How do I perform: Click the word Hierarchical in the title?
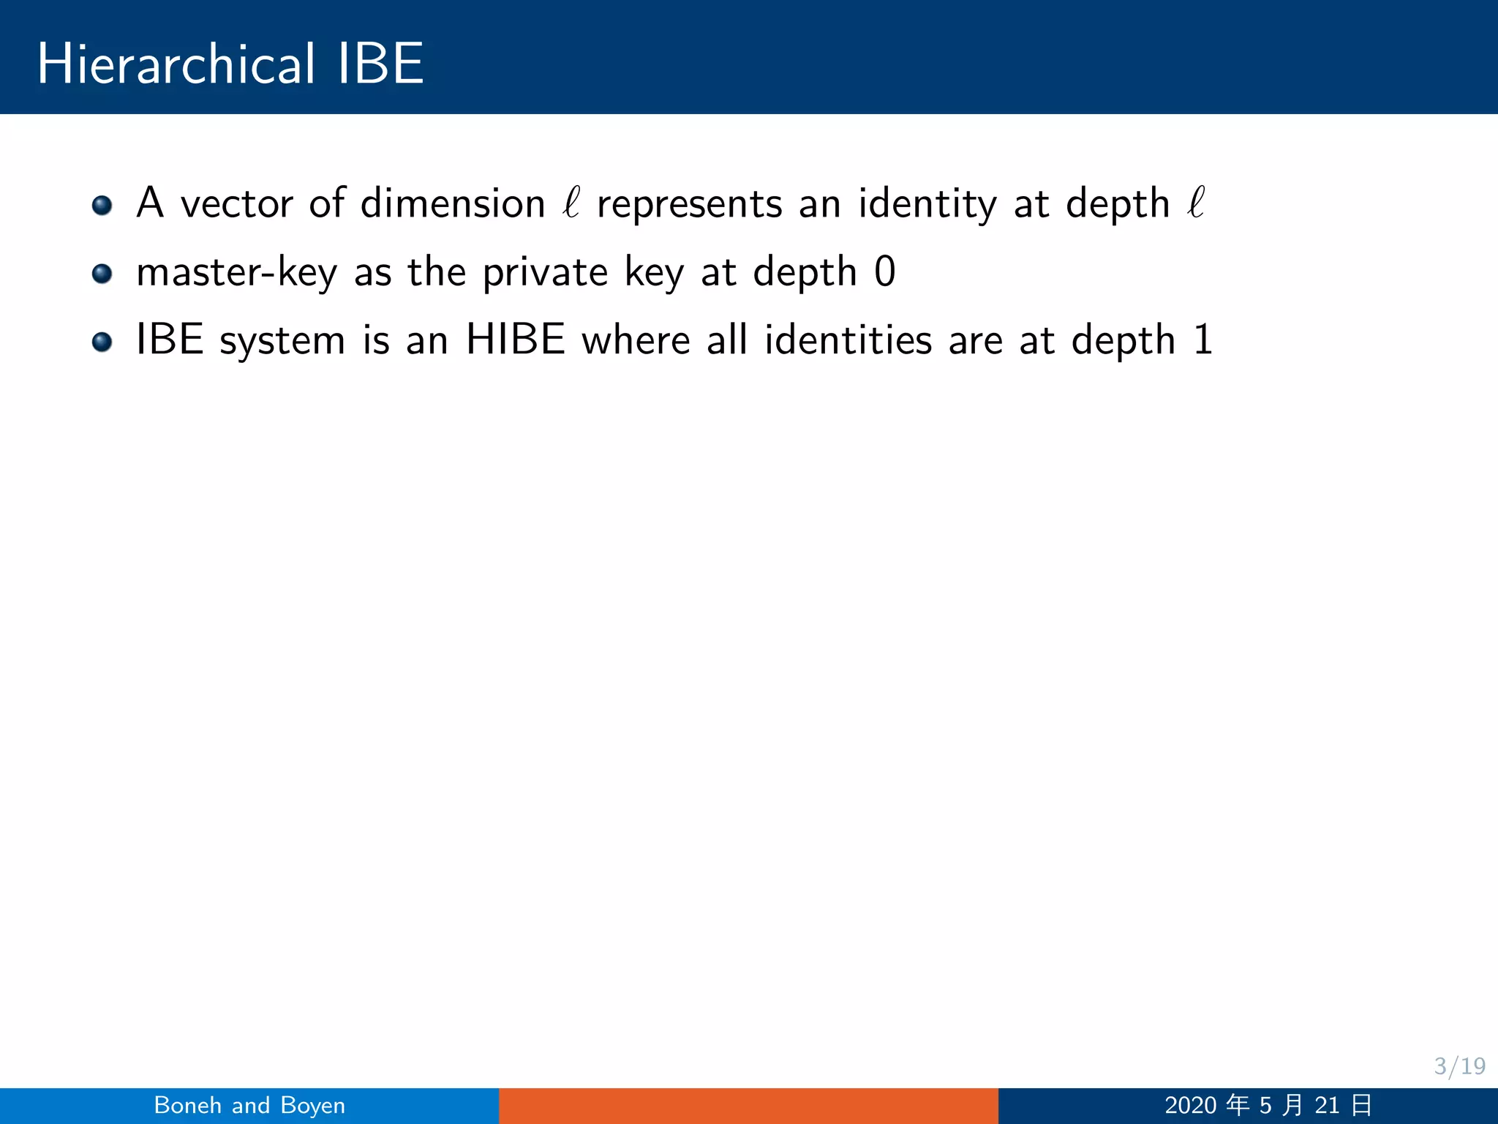[176, 64]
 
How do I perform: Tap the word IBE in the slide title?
[380, 64]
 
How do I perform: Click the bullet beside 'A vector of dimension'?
[102, 205]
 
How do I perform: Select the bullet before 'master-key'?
[102, 274]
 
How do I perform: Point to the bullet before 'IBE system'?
[102, 342]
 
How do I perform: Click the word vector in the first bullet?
[236, 204]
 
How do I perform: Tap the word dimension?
[453, 203]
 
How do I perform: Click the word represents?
[689, 205]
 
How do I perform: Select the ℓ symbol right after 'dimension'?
[571, 202]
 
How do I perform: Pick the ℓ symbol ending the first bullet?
[1196, 202]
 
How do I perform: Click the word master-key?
[237, 273]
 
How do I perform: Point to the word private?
[545, 273]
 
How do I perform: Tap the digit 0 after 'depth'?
[884, 271]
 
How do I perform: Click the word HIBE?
[516, 340]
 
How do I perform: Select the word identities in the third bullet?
[848, 340]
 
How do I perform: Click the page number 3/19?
[1459, 1066]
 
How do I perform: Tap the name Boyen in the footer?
[312, 1106]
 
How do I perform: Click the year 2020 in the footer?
[1190, 1106]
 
